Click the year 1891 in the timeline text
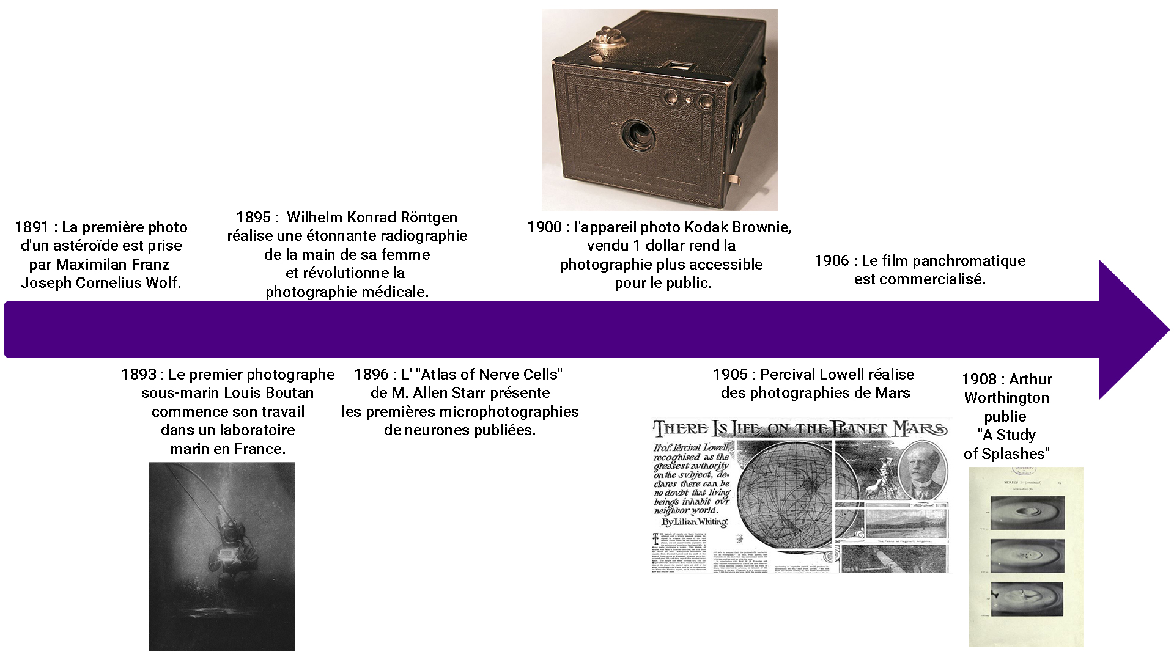click(32, 227)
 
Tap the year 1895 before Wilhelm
click(253, 218)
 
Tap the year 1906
click(832, 261)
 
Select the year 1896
click(371, 375)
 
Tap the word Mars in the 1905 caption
click(893, 393)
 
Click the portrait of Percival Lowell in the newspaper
click(922, 471)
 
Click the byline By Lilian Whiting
click(695, 522)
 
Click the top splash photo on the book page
click(1027, 512)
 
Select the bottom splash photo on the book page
click(1027, 599)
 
